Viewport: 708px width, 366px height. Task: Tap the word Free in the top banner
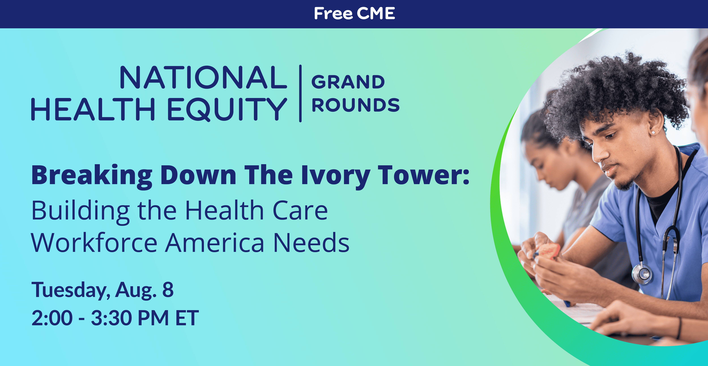tap(333, 14)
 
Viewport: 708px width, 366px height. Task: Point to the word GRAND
tap(348, 82)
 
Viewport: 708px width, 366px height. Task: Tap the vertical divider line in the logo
tap(300, 93)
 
